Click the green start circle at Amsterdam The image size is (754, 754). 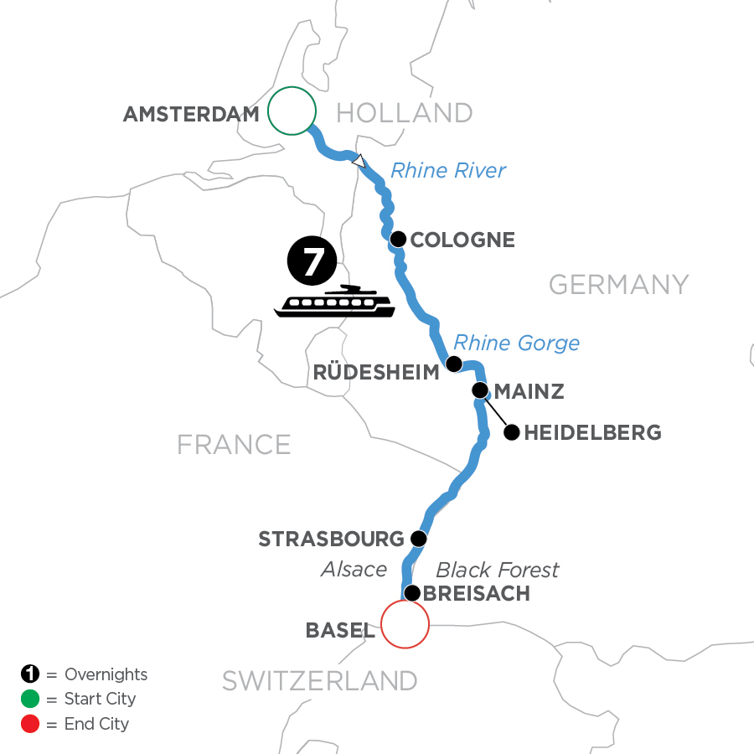292,111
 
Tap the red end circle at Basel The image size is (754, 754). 405,624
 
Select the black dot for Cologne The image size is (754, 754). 399,238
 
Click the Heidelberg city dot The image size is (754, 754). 510,433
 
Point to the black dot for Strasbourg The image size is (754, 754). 419,538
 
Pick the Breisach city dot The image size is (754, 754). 411,593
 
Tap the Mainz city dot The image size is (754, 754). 480,390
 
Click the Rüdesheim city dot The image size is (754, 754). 453,364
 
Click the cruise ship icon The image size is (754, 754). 335,302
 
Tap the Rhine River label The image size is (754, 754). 448,171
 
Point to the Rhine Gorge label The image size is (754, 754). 516,343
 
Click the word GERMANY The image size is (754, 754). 618,285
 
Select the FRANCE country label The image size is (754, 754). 234,444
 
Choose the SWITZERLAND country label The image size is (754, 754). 319,681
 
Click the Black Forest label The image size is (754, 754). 498,570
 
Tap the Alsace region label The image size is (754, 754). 354,570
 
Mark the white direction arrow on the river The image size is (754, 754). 359,162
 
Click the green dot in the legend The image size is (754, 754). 30,699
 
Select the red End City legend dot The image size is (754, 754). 30,724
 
